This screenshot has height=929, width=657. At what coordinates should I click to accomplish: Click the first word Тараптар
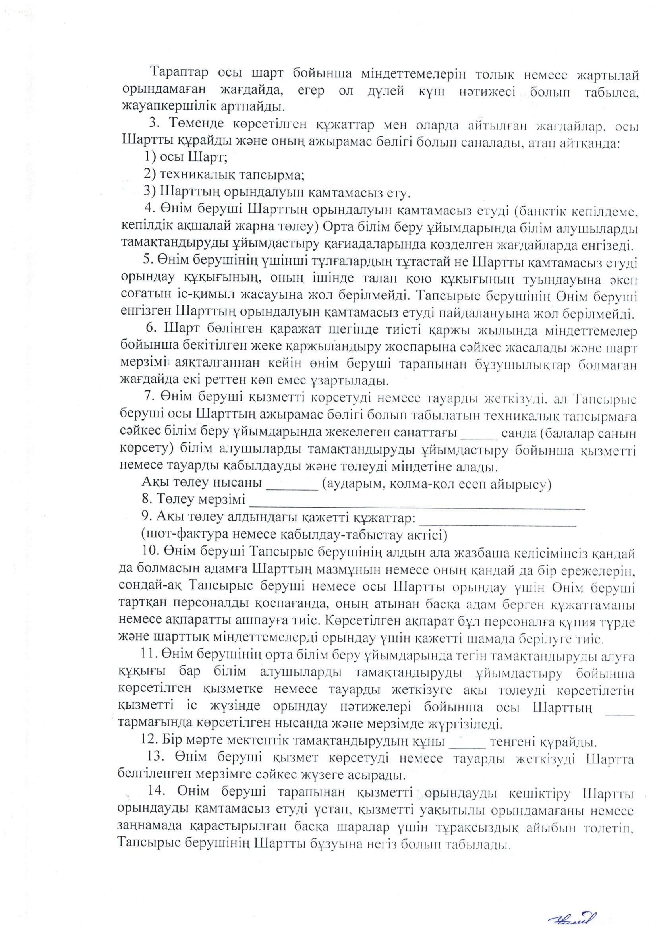[x=179, y=73]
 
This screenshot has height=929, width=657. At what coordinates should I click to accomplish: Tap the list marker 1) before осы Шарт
[x=151, y=157]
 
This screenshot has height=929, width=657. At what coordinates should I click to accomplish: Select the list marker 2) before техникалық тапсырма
[x=151, y=174]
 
